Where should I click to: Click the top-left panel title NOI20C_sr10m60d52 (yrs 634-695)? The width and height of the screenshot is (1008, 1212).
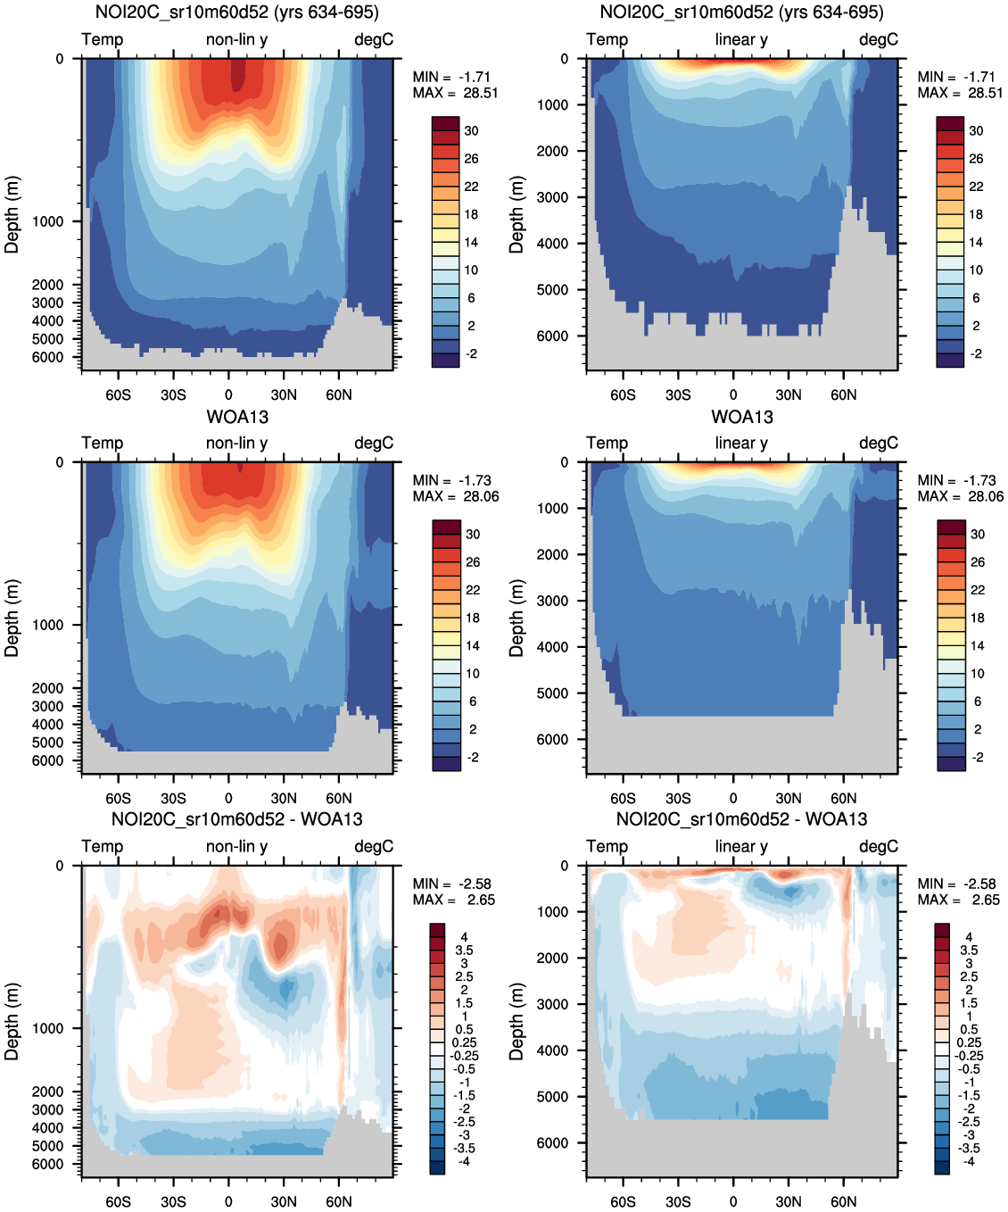[236, 12]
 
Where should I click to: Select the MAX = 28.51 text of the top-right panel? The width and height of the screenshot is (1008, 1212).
[960, 93]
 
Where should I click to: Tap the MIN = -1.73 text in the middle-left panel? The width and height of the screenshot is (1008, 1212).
[452, 481]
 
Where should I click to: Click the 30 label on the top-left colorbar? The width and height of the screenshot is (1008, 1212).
[471, 131]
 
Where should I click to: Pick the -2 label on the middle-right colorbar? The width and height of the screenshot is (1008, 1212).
[977, 758]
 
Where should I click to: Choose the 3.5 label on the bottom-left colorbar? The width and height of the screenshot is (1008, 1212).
[464, 951]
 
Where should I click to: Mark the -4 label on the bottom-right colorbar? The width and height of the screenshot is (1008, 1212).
[969, 1161]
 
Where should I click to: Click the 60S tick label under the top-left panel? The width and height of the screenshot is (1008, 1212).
[118, 395]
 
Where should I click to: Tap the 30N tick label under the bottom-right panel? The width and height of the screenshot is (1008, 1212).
[788, 1202]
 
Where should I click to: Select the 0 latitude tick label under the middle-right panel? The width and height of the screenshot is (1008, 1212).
[733, 799]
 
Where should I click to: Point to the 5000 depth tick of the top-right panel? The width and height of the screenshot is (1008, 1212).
[552, 290]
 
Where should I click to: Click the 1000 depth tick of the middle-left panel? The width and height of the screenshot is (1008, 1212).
[48, 625]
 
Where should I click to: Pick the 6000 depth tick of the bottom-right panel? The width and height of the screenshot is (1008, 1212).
[552, 1143]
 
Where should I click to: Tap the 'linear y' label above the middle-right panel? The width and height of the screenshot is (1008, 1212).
[741, 444]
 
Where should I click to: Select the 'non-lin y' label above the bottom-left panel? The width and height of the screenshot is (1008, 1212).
[236, 847]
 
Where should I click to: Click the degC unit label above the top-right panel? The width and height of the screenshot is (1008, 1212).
[878, 40]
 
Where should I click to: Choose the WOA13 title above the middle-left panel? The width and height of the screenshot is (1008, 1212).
[237, 418]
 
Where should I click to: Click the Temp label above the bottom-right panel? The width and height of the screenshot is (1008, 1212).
[607, 847]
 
